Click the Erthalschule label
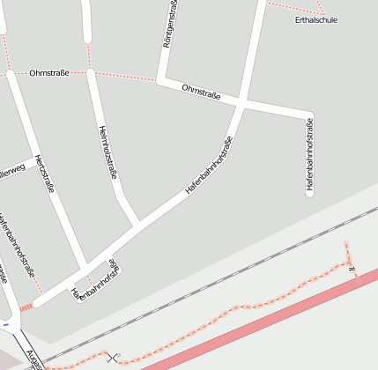click(x=316, y=19)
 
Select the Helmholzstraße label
click(x=105, y=151)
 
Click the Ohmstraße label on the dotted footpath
click(x=48, y=73)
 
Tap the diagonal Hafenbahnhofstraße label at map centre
click(x=209, y=166)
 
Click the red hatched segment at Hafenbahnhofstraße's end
click(x=26, y=307)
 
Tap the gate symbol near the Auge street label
click(x=112, y=357)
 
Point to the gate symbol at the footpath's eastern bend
click(x=352, y=268)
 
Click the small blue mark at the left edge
click(x=5, y=325)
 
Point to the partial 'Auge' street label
click(x=33, y=359)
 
